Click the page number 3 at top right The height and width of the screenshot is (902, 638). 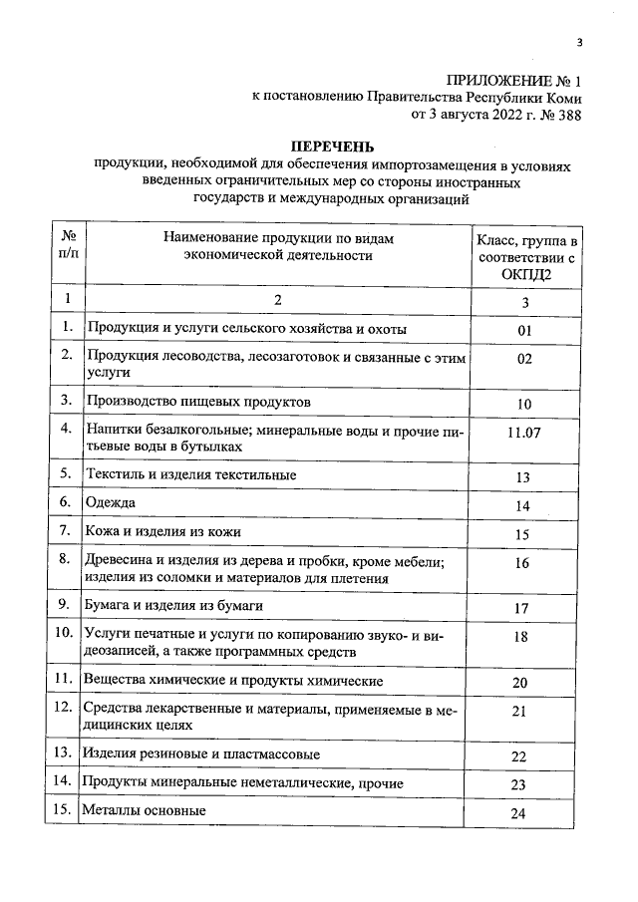[579, 41]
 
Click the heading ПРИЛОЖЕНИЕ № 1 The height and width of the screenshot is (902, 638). [512, 79]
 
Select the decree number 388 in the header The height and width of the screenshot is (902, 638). [566, 114]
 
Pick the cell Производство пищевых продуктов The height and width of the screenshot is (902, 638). [198, 400]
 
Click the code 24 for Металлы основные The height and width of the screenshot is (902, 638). [518, 813]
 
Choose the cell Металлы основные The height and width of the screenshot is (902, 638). [145, 810]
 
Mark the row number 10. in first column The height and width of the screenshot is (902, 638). [64, 633]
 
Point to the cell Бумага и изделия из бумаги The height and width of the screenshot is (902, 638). [179, 604]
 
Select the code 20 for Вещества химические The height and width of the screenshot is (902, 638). [519, 683]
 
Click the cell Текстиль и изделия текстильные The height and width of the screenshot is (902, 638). [190, 474]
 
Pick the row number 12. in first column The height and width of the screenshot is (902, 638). [64, 708]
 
